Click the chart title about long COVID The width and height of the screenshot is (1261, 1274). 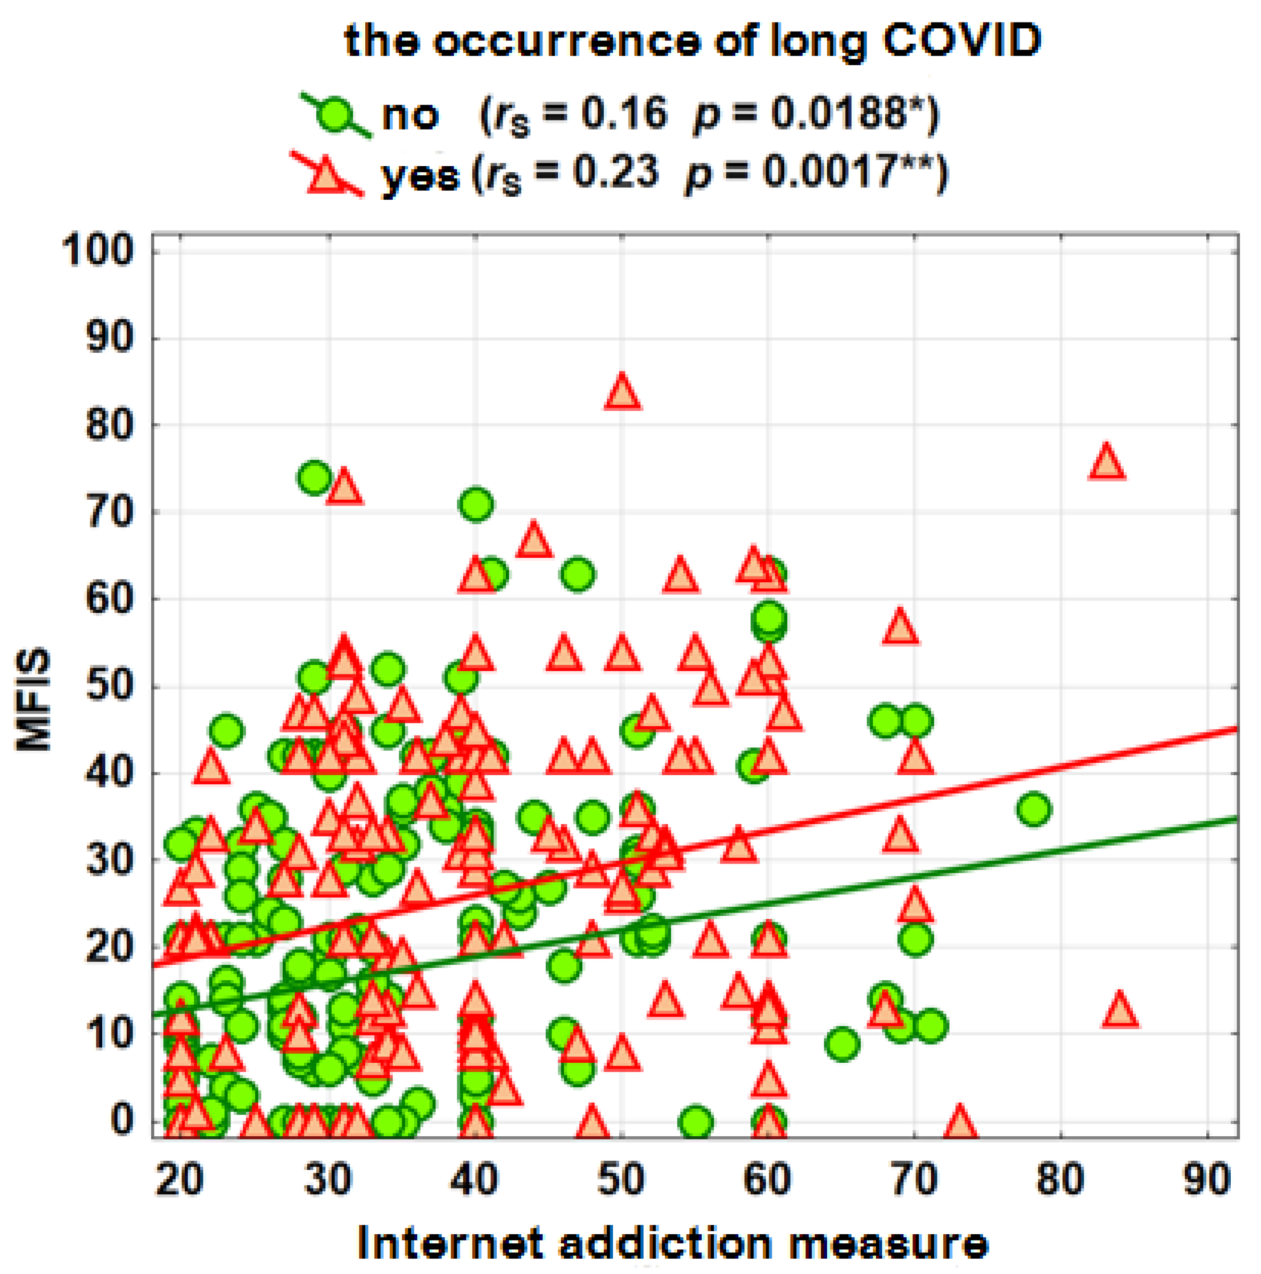693,41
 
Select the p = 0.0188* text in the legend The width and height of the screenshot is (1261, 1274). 815,115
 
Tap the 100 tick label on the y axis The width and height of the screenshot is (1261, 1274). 97,251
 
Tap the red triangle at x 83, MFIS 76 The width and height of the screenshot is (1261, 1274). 1106,462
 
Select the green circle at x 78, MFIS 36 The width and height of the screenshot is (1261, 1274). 1033,810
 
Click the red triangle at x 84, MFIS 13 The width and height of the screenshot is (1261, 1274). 1120,1011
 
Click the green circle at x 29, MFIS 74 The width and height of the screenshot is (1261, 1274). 314,477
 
